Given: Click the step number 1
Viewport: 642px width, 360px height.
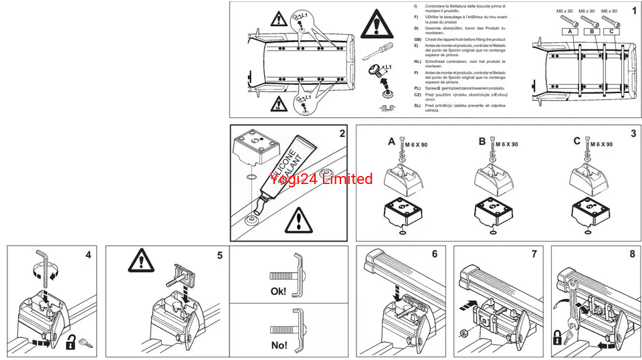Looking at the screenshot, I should click(x=633, y=11).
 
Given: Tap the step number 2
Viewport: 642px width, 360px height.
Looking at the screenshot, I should click(x=342, y=133).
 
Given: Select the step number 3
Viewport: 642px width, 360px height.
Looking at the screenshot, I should click(x=633, y=133).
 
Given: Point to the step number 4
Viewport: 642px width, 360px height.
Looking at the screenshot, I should click(x=88, y=254).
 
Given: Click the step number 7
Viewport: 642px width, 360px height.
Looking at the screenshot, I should click(x=534, y=254).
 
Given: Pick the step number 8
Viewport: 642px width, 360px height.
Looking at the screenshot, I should click(x=632, y=254).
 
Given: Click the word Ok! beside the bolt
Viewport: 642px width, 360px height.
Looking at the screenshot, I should click(x=278, y=291).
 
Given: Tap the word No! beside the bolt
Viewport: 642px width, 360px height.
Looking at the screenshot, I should click(x=278, y=345).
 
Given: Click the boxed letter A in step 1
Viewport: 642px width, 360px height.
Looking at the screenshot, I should click(x=568, y=31).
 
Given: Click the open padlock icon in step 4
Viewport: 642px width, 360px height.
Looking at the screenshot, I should click(x=70, y=343).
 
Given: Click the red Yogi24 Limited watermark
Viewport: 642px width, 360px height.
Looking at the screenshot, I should click(x=321, y=179).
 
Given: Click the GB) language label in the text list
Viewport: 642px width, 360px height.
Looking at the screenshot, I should click(x=417, y=39).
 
